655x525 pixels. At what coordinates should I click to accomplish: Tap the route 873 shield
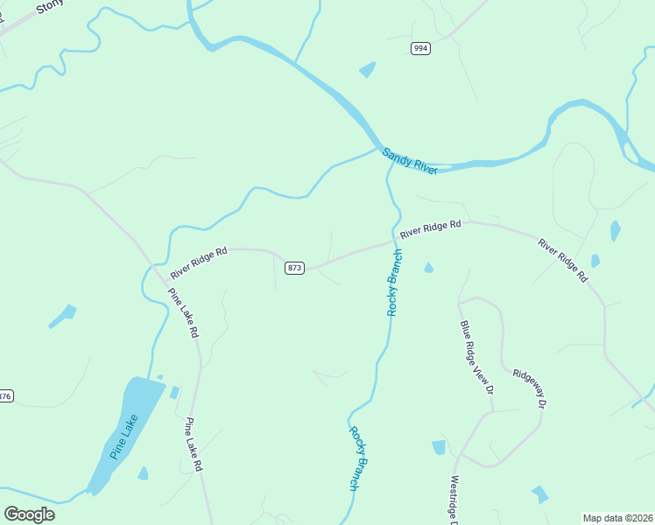pos(294,268)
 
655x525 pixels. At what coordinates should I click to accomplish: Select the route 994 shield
pos(421,48)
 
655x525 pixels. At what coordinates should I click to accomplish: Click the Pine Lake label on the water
pos(124,437)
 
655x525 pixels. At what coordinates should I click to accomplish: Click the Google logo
pos(29,514)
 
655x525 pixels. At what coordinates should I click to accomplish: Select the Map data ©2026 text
pos(618,518)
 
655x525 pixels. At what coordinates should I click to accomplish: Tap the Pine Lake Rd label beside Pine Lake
pos(194,445)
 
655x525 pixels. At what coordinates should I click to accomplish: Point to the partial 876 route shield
pos(6,396)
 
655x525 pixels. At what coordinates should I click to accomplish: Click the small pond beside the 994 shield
pos(367,70)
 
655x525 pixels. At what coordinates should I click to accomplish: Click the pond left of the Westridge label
pos(439,448)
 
